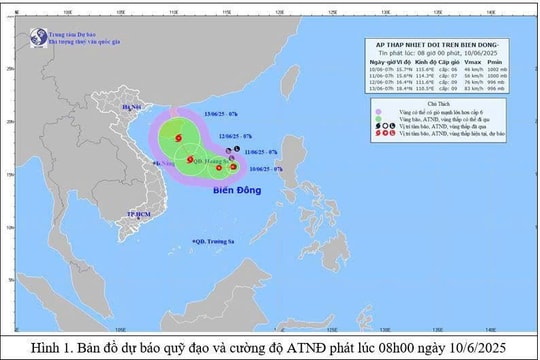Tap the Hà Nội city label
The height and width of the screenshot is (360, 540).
pyautogui.click(x=131, y=106)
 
